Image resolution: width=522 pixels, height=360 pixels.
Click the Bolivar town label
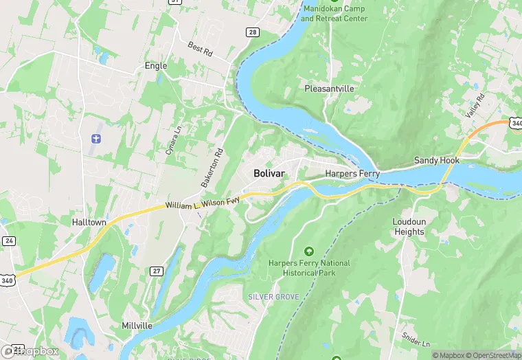point(269,173)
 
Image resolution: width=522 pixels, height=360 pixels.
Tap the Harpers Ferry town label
point(352,174)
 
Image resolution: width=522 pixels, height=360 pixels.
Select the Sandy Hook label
point(436,160)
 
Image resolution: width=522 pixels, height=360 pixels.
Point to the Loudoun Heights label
point(409,227)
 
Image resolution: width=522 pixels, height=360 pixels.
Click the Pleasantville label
point(329,89)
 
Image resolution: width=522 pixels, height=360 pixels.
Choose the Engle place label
point(156,66)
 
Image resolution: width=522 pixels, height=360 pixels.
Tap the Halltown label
point(89,222)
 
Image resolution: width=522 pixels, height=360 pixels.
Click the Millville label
point(137,325)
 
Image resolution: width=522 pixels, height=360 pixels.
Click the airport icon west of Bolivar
point(95,139)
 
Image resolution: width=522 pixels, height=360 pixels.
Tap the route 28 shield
point(253,32)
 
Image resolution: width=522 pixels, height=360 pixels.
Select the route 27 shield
point(156,271)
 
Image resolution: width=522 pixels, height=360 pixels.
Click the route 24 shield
point(8,241)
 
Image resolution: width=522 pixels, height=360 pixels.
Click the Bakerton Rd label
point(212,168)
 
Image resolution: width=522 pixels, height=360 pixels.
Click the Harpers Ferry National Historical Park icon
point(308,252)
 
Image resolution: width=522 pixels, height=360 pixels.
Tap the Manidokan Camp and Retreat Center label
point(334,13)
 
